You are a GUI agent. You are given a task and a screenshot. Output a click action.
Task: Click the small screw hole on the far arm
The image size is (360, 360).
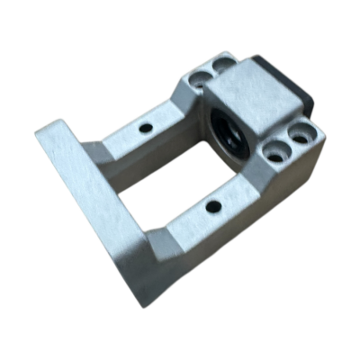[x=144, y=128]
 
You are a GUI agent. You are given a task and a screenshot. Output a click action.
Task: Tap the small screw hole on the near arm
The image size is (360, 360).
[x=213, y=206]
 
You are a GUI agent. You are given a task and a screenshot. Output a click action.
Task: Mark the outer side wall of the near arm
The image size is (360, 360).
[x=234, y=238]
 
